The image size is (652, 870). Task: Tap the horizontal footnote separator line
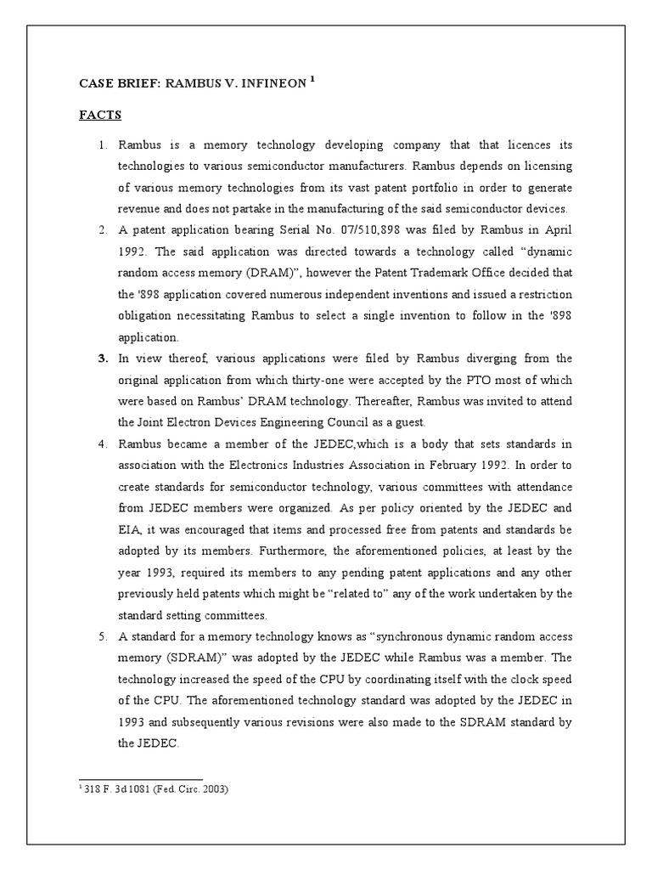click(x=140, y=778)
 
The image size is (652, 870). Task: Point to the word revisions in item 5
click(x=326, y=721)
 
